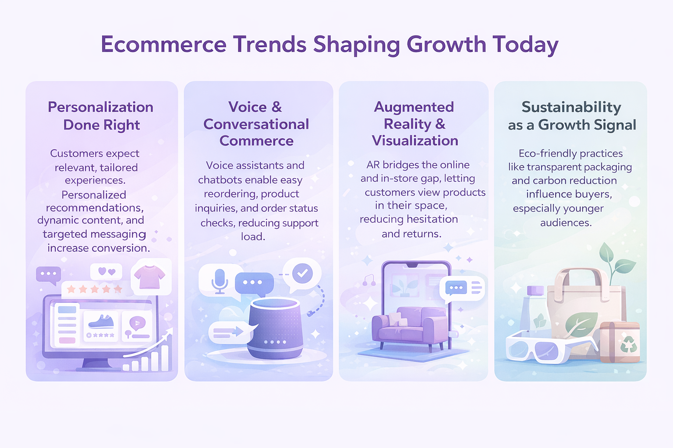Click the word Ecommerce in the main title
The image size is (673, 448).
pyautogui.click(x=163, y=45)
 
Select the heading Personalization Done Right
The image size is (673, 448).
pyautogui.click(x=101, y=116)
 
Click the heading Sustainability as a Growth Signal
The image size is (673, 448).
pyautogui.click(x=572, y=116)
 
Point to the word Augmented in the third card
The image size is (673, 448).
pyautogui.click(x=414, y=107)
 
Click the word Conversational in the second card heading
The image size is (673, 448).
pyautogui.click(x=256, y=124)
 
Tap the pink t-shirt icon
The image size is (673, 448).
pyautogui.click(x=149, y=276)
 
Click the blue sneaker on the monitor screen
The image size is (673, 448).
pyautogui.click(x=101, y=322)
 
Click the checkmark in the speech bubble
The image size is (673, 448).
pyautogui.click(x=302, y=273)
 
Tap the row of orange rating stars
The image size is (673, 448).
pyautogui.click(x=95, y=289)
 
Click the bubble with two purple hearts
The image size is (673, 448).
pyautogui.click(x=106, y=272)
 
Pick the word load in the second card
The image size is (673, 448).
pyautogui.click(x=253, y=237)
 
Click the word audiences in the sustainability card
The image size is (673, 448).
pyautogui.click(x=566, y=223)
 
